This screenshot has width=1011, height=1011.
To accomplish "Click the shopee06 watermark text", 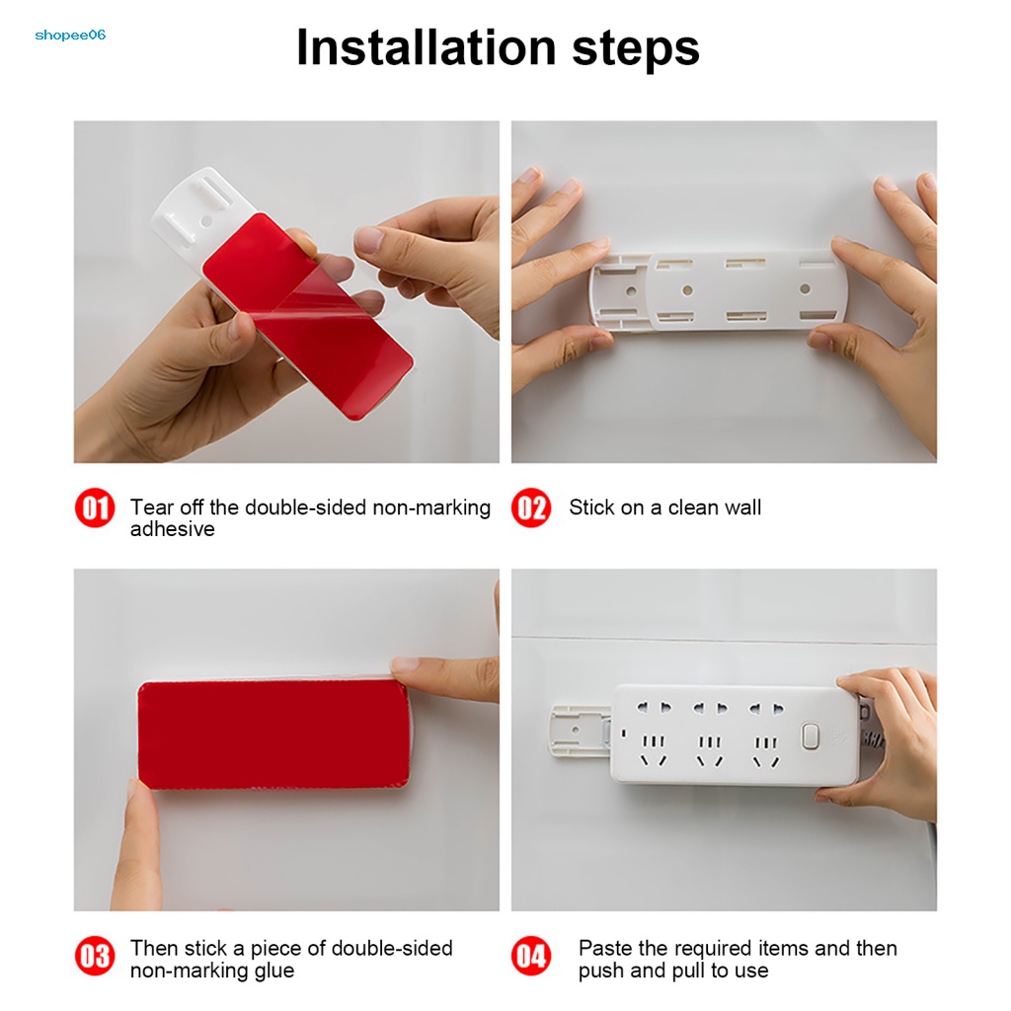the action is point(70,35).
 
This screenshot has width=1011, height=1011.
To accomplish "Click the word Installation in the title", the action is point(426,47).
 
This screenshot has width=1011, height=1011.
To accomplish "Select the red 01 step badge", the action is point(95,507).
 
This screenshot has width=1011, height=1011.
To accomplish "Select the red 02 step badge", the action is point(531,507).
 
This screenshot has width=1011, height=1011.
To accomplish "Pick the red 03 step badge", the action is point(95,956).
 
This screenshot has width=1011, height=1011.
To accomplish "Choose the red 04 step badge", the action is point(531,956).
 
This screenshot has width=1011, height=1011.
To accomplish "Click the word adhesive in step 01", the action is point(172,529).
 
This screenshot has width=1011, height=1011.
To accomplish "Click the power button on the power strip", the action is point(811,737).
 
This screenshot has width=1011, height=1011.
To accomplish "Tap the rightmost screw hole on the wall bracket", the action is point(805,289).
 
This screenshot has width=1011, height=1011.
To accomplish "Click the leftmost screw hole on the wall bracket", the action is point(631,291).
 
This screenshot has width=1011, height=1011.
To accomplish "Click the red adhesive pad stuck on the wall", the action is point(274,734).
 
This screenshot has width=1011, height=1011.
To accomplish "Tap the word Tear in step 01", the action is point(152,507).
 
